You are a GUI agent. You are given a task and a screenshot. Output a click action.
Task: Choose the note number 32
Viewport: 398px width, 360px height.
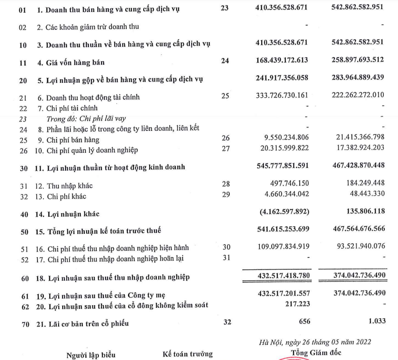(x=226, y=322)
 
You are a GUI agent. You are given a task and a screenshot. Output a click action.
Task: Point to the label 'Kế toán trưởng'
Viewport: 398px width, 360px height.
(x=188, y=354)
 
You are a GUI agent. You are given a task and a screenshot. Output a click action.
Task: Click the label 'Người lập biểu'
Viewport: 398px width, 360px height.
(x=91, y=355)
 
